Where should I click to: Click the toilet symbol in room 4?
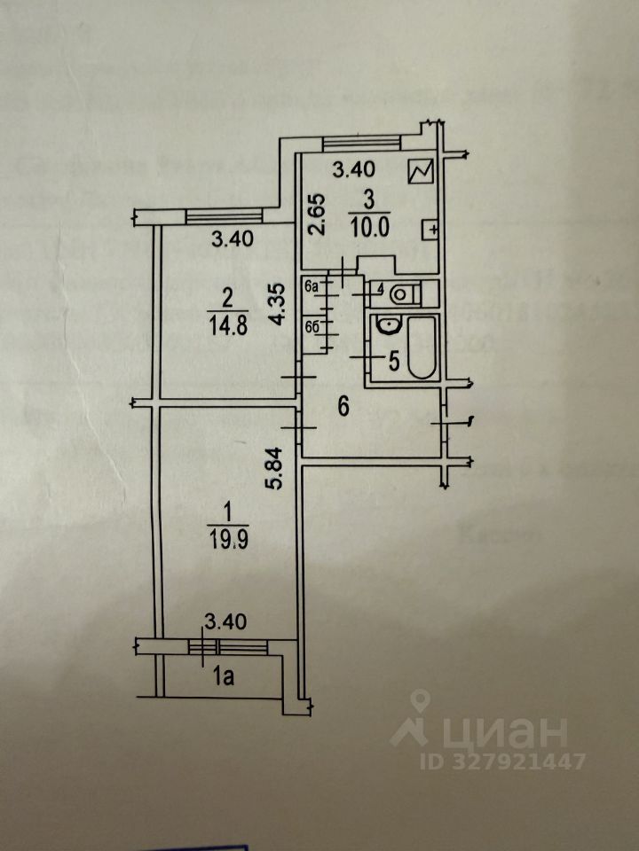(404, 292)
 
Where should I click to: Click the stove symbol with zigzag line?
(419, 171)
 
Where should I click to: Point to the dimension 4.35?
(279, 305)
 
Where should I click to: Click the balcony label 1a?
(222, 678)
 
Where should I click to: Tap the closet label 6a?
(311, 287)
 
